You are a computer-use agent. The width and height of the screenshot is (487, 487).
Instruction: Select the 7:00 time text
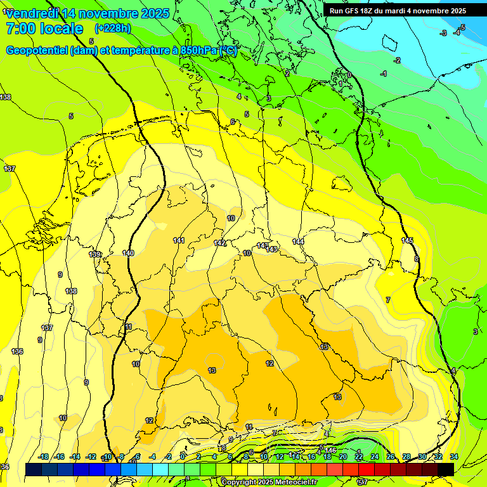(x=20, y=29)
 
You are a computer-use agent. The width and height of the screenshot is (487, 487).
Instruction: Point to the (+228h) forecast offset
(x=113, y=29)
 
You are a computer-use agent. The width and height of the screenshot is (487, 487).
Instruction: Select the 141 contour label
(x=179, y=240)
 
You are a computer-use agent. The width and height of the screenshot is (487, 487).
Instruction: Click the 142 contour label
(x=220, y=243)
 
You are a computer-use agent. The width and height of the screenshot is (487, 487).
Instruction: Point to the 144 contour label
(x=298, y=242)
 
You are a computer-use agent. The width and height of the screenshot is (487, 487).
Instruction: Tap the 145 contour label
(x=407, y=240)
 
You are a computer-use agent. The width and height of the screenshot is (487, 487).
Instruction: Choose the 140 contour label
(x=128, y=253)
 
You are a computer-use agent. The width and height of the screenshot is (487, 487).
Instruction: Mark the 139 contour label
(x=94, y=254)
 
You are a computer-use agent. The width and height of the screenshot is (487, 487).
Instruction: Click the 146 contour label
(x=331, y=451)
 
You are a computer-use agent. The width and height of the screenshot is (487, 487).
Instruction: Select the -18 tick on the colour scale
(x=43, y=457)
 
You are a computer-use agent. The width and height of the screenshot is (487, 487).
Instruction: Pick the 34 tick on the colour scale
(x=454, y=457)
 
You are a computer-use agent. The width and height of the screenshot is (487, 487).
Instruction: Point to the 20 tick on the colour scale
(x=343, y=457)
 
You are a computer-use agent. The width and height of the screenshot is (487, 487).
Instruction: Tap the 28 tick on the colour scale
(x=406, y=457)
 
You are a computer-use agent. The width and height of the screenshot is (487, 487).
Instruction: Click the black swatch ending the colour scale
(x=446, y=469)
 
